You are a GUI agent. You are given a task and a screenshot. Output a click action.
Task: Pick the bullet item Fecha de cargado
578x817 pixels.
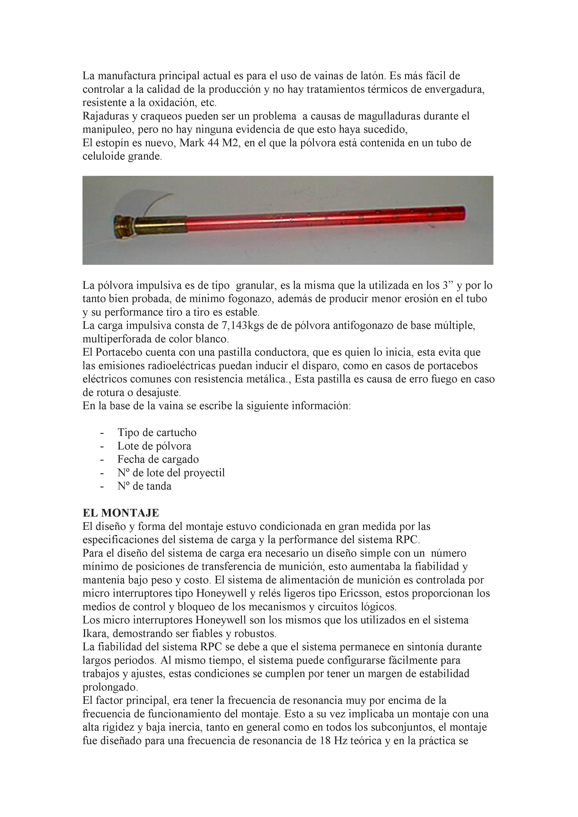[x=158, y=459]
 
